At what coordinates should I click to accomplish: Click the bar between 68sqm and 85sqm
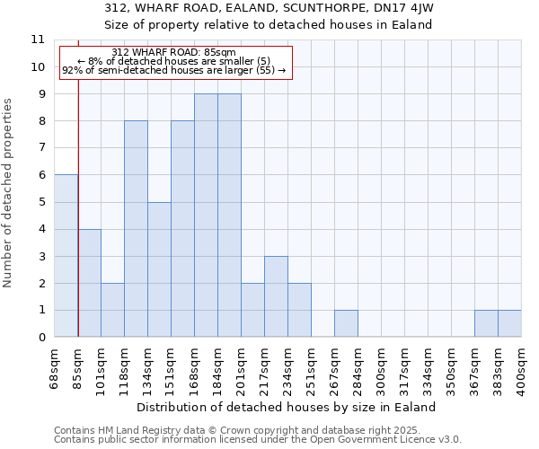pos(66,256)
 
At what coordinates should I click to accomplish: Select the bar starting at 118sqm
pos(136,229)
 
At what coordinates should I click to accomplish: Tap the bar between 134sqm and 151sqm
pos(159,269)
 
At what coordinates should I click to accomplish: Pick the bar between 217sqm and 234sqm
pos(276,296)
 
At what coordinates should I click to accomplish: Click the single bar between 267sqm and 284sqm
pos(346,323)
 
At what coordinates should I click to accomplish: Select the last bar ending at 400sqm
pos(509,323)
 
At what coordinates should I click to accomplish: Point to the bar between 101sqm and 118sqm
pos(112,310)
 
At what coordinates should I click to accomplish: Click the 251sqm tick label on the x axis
pos(311,366)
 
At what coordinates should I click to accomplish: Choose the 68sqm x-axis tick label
pos(54,366)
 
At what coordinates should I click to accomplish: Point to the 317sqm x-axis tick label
pos(404,366)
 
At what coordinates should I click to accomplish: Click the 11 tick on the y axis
pos(38,40)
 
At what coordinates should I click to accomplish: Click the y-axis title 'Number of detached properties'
pos(8,193)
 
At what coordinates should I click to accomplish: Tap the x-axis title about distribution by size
pos(287,407)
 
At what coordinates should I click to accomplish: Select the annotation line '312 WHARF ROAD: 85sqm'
pos(174,53)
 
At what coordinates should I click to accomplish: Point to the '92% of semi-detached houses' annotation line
pos(174,69)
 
